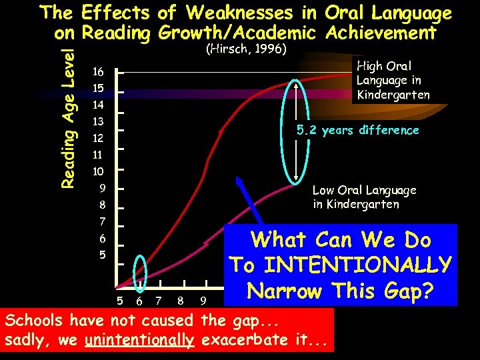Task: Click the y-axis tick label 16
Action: click(x=98, y=72)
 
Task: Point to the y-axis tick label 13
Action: click(x=98, y=122)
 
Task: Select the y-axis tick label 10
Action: click(x=98, y=171)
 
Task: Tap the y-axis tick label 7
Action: click(x=102, y=221)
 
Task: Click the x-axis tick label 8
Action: click(x=181, y=301)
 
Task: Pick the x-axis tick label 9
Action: click(x=203, y=301)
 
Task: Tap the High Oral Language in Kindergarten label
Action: click(x=393, y=80)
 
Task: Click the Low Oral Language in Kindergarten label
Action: click(x=364, y=197)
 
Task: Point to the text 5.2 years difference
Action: click(x=358, y=130)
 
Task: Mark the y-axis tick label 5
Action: click(x=102, y=255)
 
